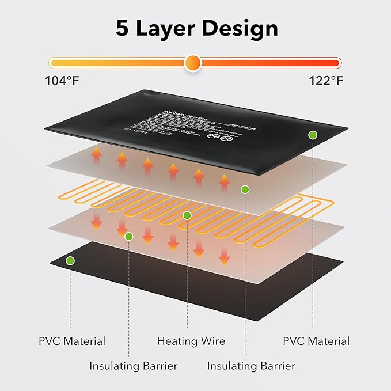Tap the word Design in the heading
[x=241, y=29]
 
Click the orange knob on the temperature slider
[x=193, y=62]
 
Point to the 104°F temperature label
[x=62, y=81]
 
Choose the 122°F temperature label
[x=326, y=81]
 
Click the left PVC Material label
[x=72, y=341]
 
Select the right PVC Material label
[x=316, y=341]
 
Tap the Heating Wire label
[x=191, y=341]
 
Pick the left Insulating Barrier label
[x=134, y=366]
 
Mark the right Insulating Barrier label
[x=251, y=366]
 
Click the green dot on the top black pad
[x=312, y=135]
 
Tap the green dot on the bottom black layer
[x=70, y=261]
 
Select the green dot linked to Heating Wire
[x=187, y=215]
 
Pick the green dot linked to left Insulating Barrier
[x=129, y=236]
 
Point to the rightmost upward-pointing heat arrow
[x=224, y=183]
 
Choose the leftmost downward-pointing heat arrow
[x=96, y=219]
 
